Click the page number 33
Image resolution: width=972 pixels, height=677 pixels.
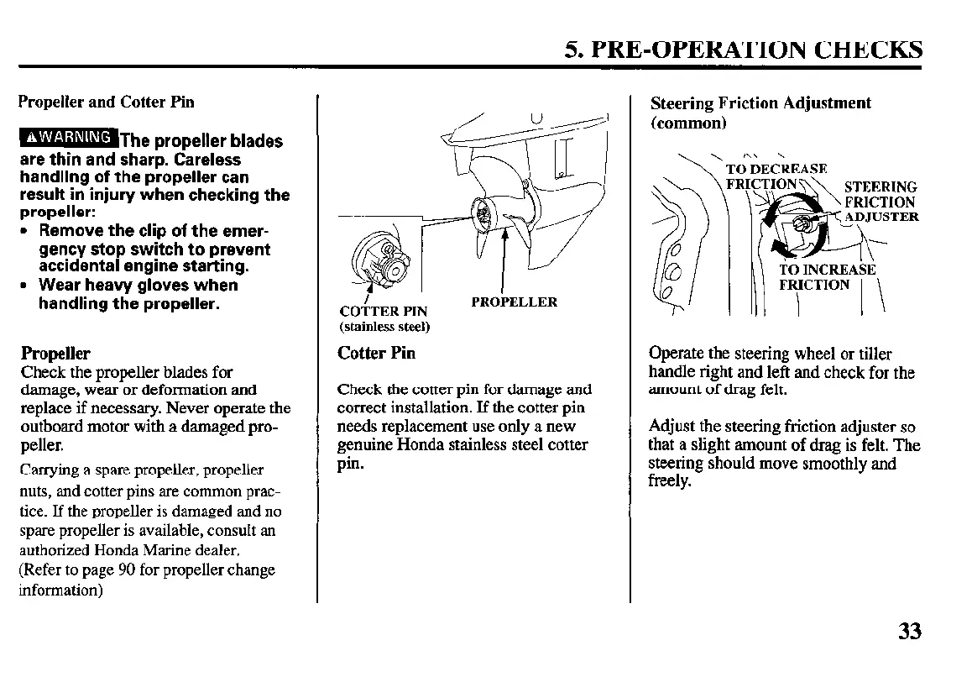908,631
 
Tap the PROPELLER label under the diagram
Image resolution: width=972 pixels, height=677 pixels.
514,302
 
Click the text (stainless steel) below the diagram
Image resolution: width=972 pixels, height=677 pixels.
384,327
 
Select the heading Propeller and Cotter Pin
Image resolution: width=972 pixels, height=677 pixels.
106,102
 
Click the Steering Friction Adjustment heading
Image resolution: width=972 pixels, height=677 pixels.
761,103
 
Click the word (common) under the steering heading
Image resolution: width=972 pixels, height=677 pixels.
687,123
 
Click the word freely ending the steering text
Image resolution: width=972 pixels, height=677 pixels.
670,482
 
